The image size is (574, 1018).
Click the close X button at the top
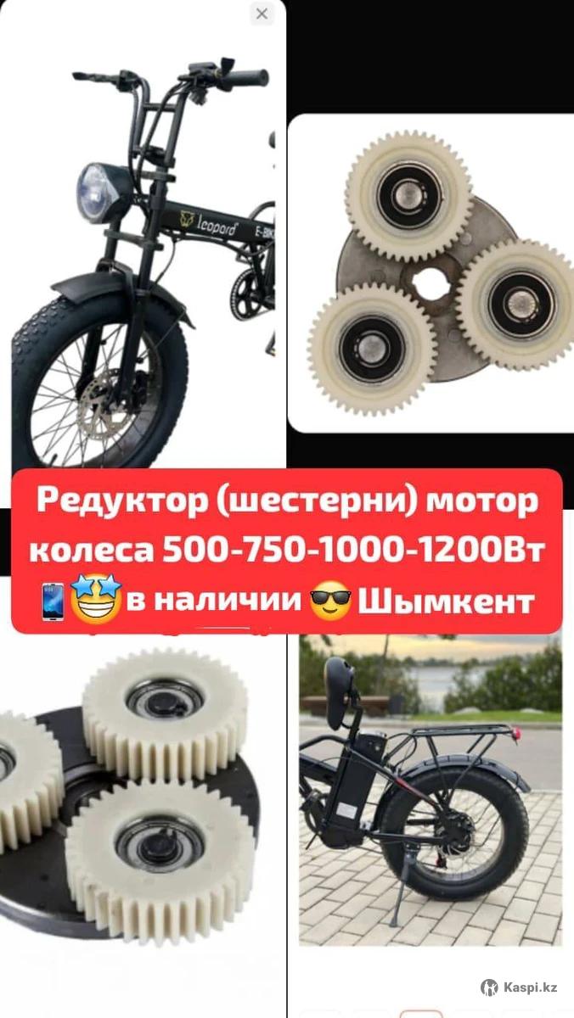point(262,14)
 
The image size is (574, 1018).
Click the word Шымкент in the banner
point(446,601)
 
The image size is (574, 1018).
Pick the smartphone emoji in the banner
point(53,602)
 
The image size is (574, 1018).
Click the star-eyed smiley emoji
point(96,599)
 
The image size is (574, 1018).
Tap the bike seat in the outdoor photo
point(341,677)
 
